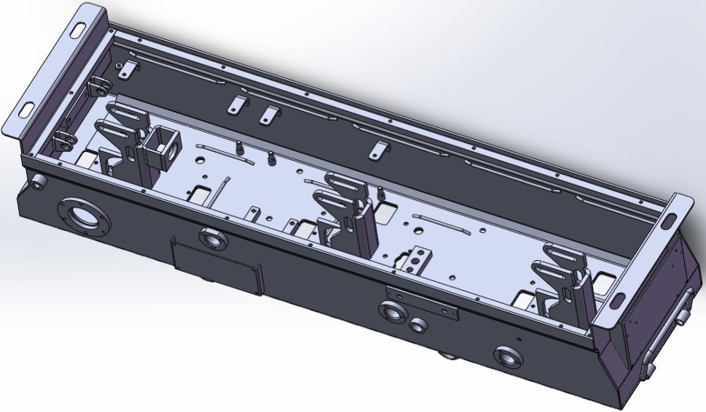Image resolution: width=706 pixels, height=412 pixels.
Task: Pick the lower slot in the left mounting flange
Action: tap(26, 109)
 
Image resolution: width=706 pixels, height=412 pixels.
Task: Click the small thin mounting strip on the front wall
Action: tap(424, 302)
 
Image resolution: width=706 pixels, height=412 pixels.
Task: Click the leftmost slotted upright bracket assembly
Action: tap(122, 137)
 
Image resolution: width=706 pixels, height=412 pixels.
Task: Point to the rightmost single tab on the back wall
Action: tap(376, 150)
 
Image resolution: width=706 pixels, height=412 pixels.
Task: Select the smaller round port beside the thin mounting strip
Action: tap(419, 323)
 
